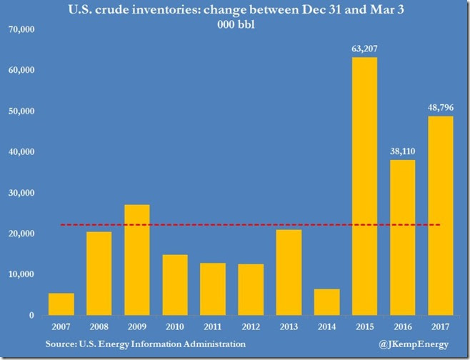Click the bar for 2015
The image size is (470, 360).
[364, 186]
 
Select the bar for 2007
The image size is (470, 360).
[61, 304]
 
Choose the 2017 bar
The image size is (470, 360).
[440, 215]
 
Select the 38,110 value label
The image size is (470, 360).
[402, 152]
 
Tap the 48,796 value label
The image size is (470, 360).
[440, 109]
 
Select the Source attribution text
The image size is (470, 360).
[143, 344]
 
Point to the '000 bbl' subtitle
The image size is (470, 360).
[234, 25]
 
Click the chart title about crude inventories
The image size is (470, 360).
[234, 11]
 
